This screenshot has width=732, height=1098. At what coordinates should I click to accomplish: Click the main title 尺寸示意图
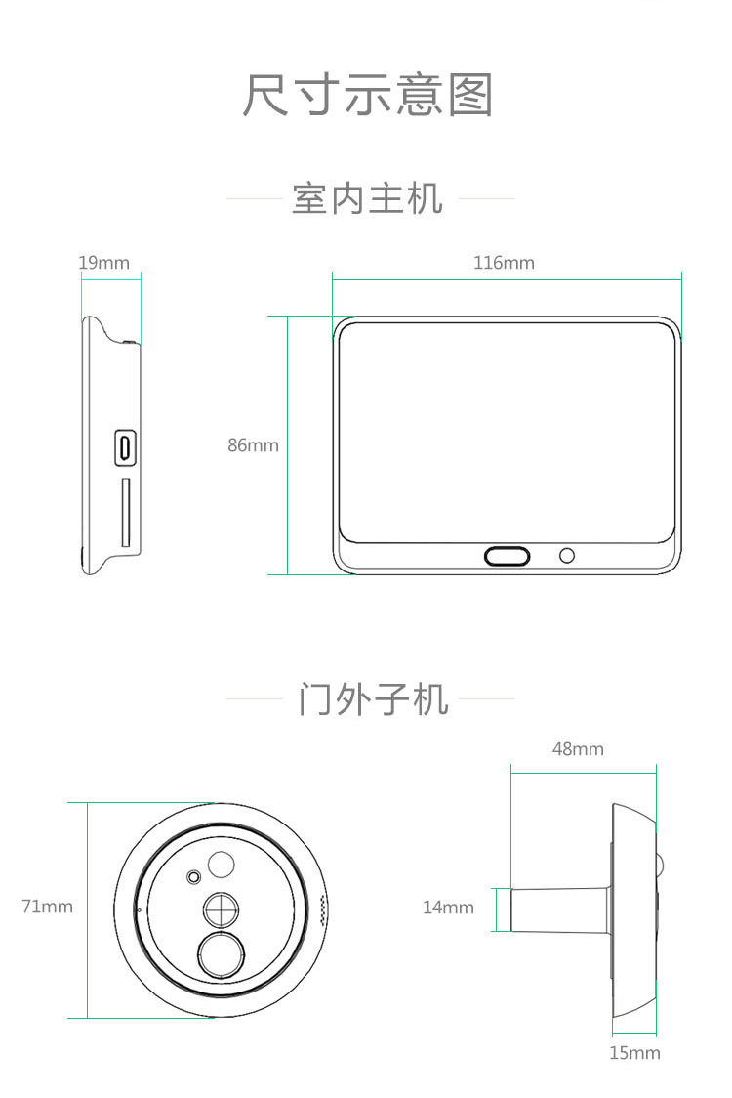pos(367,94)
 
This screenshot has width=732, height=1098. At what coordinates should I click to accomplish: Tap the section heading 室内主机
pos(367,199)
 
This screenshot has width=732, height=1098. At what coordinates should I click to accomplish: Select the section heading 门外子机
pos(373,698)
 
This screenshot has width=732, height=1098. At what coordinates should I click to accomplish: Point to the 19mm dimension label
pos(104,263)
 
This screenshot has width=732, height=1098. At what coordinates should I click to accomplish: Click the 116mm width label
pos(504,263)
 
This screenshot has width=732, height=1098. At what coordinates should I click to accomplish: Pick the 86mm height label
pos(253,445)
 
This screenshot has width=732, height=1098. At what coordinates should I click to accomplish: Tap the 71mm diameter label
pos(47,907)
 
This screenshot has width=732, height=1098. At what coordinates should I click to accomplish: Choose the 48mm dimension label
pos(578,749)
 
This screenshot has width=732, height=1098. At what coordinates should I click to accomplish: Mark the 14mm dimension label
pos(448,908)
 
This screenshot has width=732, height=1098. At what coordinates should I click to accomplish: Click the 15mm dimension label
pos(634,1053)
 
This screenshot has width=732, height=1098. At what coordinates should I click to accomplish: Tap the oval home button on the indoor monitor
pos(508,556)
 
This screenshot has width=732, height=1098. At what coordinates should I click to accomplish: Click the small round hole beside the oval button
pos(567,556)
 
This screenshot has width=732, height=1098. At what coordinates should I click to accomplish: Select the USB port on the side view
pos(125,446)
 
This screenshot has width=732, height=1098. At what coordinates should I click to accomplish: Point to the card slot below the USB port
pos(126,512)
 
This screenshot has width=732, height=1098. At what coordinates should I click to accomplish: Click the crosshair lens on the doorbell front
pos(222,909)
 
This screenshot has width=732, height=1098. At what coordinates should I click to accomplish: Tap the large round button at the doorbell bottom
pos(222,954)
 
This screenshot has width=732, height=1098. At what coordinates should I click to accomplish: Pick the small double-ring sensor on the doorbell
pos(193,876)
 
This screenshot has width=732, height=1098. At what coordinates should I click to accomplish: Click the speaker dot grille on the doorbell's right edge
pos(323,911)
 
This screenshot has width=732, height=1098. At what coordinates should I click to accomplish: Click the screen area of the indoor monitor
pos(508,432)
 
